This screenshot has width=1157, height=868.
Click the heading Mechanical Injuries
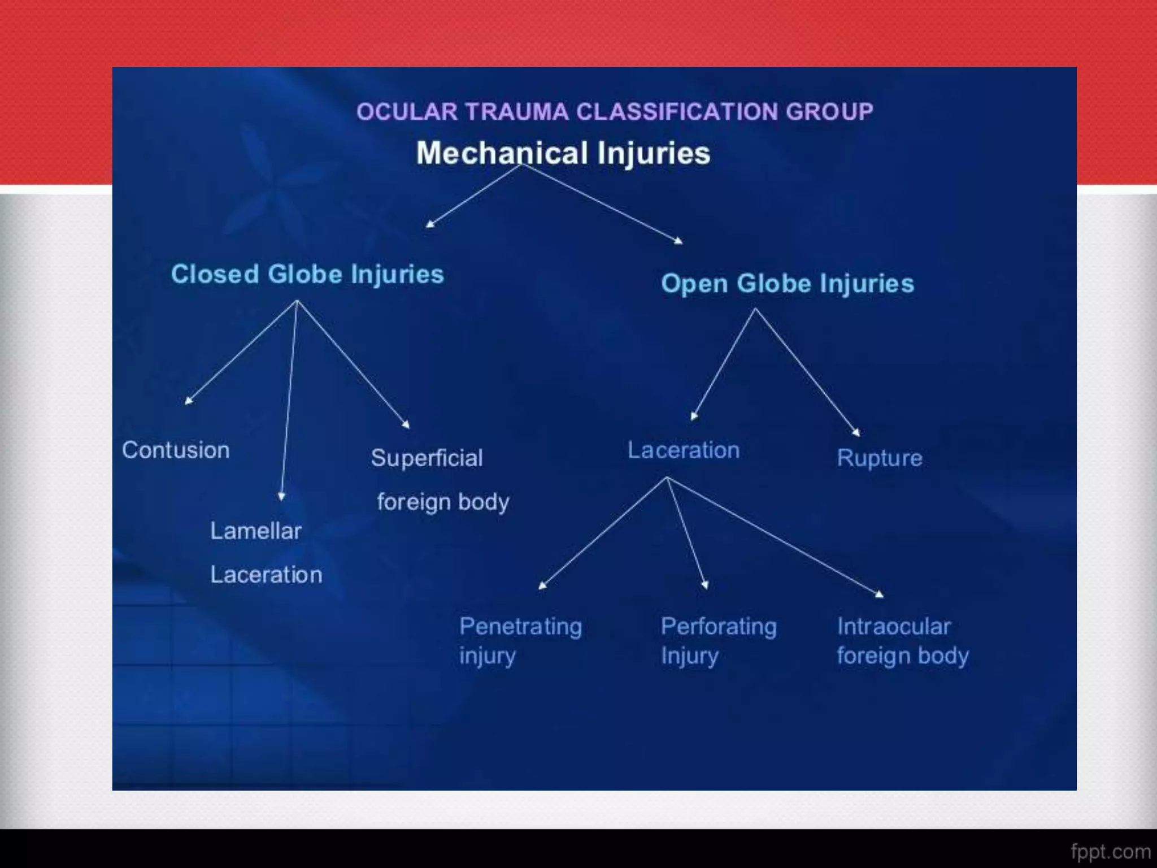[563, 153]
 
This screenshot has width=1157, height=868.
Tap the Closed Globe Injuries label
[307, 274]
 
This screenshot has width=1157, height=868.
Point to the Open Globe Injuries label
[787, 283]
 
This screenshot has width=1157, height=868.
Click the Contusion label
[176, 450]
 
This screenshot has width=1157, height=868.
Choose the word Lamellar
[256, 531]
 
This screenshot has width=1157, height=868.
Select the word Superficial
[427, 458]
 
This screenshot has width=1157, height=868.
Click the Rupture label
[879, 458]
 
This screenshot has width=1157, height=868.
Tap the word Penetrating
[520, 626]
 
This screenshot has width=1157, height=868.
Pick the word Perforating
[719, 626]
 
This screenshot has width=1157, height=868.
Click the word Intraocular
[894, 626]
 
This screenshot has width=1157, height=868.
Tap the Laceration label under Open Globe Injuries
[684, 450]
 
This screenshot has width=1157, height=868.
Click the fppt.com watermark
[1110, 851]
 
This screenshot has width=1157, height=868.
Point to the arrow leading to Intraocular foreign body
[774, 535]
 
